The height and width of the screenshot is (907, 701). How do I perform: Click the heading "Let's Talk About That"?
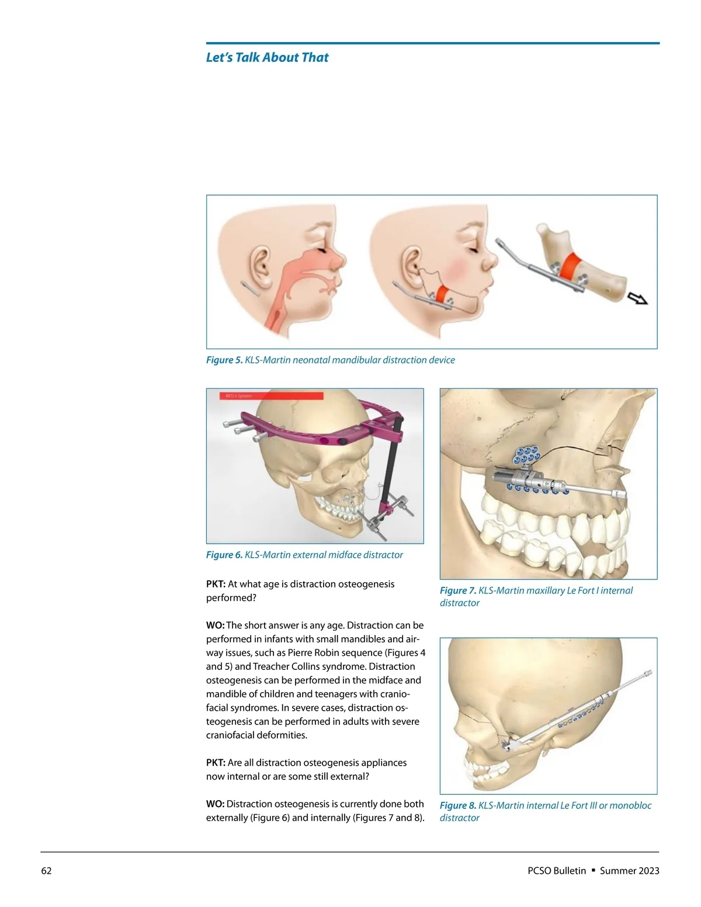click(x=267, y=57)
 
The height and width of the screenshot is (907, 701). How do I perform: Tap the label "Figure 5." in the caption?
click(x=224, y=360)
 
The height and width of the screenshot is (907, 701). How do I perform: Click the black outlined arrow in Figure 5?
click(x=637, y=298)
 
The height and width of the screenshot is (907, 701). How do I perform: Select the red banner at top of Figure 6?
click(x=271, y=396)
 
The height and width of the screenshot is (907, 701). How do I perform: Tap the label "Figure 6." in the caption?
click(x=224, y=555)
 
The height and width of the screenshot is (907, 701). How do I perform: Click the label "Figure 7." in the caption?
click(x=458, y=590)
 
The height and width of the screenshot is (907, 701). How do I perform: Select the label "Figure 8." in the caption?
click(x=458, y=805)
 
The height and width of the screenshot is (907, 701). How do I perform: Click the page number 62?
click(x=46, y=871)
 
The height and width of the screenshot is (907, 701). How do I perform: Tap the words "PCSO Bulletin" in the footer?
click(x=556, y=871)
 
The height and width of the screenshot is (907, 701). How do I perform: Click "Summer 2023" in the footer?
click(x=629, y=871)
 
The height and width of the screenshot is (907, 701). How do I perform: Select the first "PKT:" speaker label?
click(x=216, y=584)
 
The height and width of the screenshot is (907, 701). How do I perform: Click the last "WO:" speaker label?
click(x=215, y=804)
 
